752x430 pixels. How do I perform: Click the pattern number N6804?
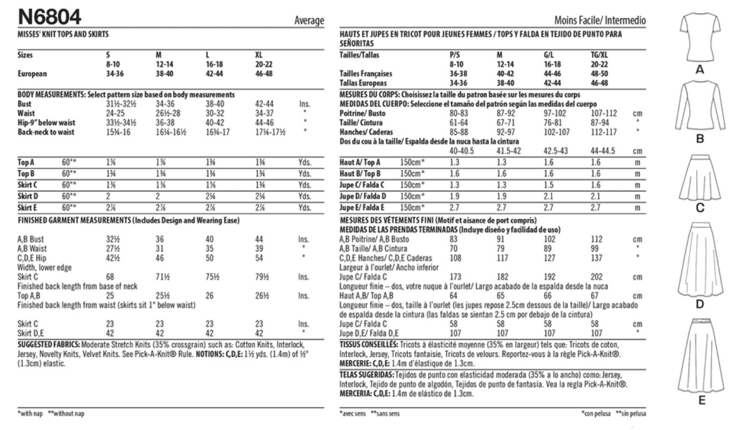[49, 18]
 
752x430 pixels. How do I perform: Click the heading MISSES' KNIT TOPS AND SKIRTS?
[63, 34]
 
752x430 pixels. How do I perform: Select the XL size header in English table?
[261, 55]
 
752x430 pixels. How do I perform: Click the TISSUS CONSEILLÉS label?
[369, 344]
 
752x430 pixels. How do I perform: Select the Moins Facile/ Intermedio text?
[600, 21]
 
